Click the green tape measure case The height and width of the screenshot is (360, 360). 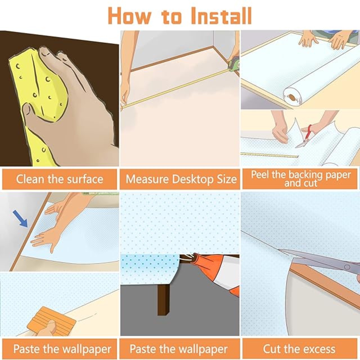click(233, 64)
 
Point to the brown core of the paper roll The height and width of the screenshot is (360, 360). click(293, 97)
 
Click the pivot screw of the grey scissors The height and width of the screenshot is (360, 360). click(347, 267)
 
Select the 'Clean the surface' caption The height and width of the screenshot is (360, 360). click(59, 179)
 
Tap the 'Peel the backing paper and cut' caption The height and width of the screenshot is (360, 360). click(301, 179)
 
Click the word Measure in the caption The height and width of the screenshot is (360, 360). click(147, 179)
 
